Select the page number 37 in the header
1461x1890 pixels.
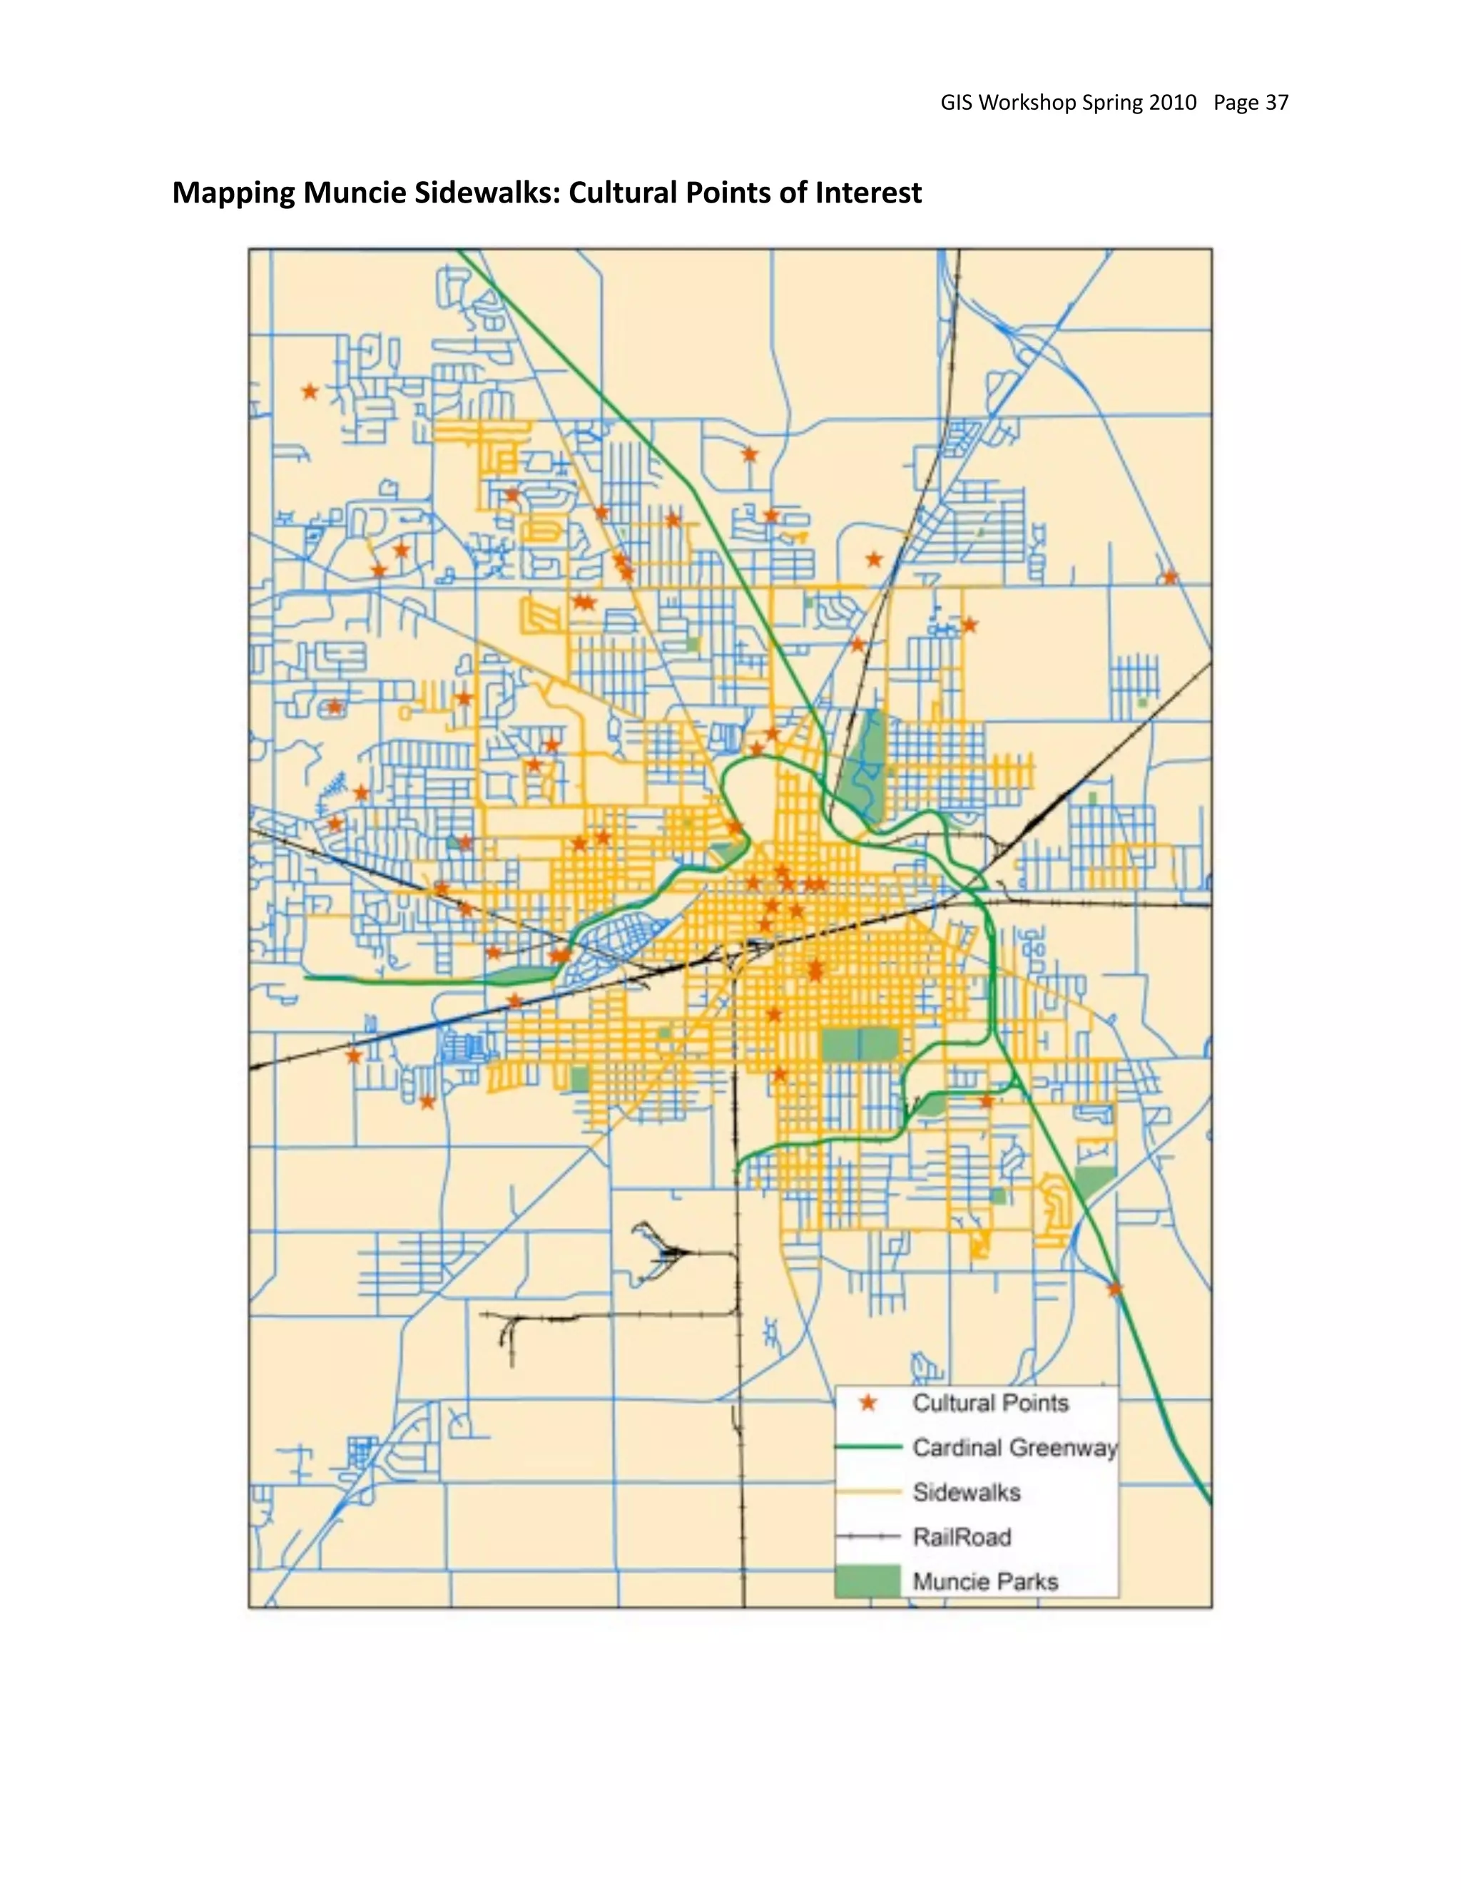(1277, 103)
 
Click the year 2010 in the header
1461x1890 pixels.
(1172, 103)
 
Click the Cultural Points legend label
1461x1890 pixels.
(990, 1403)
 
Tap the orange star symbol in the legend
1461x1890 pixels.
(868, 1404)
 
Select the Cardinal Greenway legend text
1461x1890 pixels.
(1014, 1448)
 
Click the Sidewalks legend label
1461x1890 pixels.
(967, 1492)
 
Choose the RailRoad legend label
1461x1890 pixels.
(962, 1537)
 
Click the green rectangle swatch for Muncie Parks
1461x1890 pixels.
(868, 1581)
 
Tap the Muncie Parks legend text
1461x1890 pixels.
(985, 1582)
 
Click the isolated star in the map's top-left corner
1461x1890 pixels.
(310, 392)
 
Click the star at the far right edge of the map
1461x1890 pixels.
(1169, 577)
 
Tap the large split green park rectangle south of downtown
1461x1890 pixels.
(859, 1046)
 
